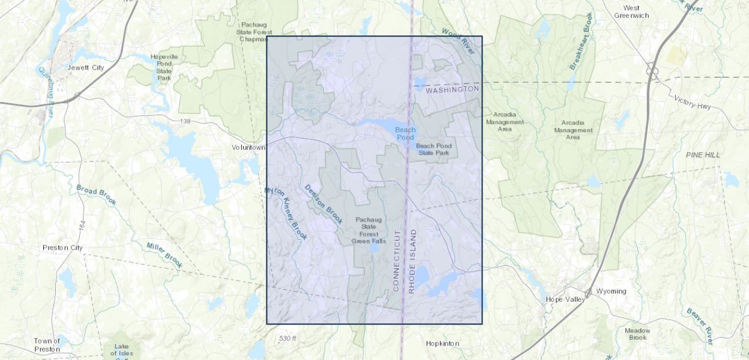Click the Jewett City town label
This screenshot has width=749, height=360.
coord(86,68)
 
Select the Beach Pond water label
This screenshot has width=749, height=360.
coord(405,133)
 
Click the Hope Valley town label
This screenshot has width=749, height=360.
coord(565,299)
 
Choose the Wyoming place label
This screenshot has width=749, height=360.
coord(611,291)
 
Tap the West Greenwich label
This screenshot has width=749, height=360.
coord(631,11)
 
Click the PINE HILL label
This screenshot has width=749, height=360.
coord(703,155)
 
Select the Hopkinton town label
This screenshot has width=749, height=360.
coord(442,343)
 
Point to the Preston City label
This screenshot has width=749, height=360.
coord(63,247)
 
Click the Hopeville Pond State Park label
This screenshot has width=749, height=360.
coord(164,67)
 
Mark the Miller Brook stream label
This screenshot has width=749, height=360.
coord(164,254)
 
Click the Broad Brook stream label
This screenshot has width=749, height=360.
coord(95,197)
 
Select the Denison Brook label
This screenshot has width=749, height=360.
coord(323,204)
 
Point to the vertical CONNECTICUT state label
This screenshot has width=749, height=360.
coord(396,260)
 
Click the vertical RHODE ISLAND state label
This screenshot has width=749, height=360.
coord(412,260)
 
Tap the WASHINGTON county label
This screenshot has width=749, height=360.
coord(453,89)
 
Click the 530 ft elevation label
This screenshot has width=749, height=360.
coord(287,338)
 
